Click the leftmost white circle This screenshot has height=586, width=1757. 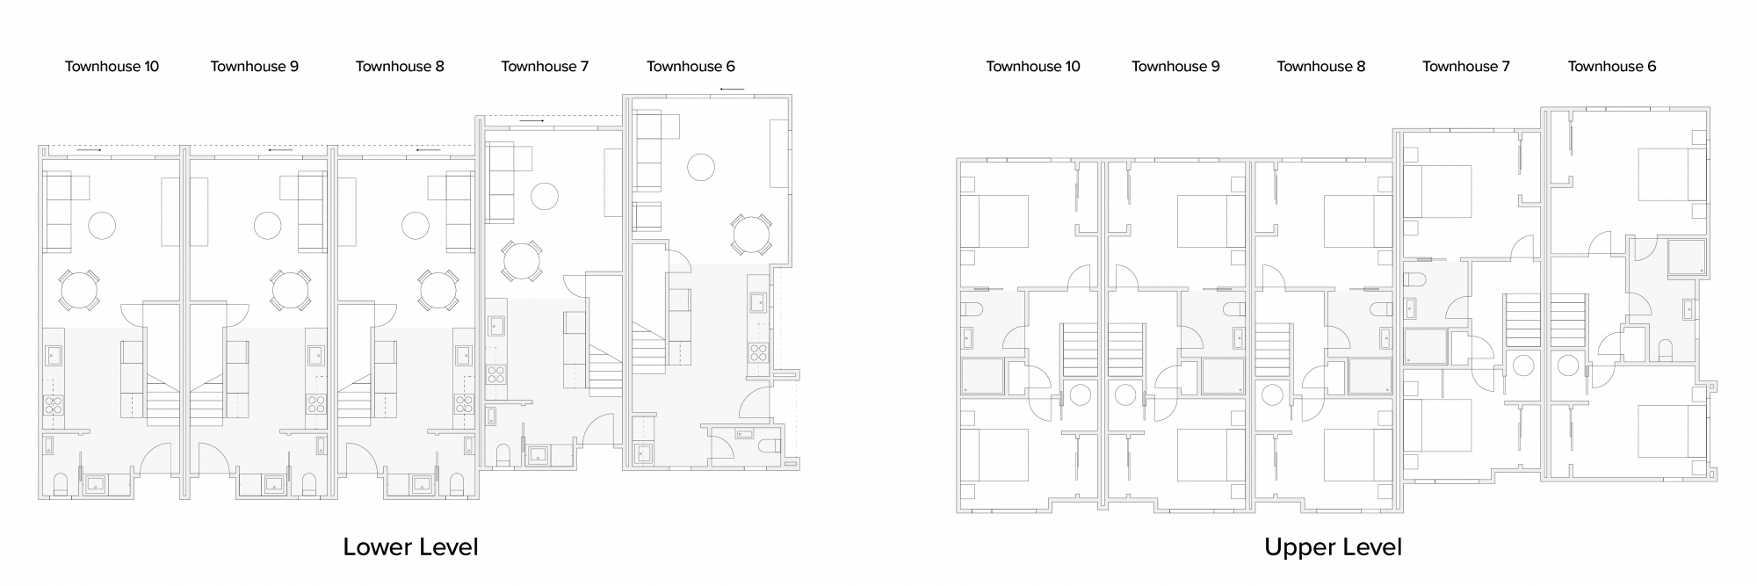coord(79,291)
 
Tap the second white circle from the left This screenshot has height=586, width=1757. coord(290,291)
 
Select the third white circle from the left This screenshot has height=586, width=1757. coord(437,291)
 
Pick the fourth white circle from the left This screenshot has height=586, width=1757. coord(521,261)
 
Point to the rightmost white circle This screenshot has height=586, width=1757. coord(751,235)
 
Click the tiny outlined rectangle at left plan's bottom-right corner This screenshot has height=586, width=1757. coord(791,463)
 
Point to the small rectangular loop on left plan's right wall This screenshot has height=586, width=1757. coord(785,375)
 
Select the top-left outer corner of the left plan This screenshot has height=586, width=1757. coord(40,147)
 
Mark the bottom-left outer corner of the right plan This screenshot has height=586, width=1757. coord(958,510)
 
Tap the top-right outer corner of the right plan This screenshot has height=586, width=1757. coord(1708,109)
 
